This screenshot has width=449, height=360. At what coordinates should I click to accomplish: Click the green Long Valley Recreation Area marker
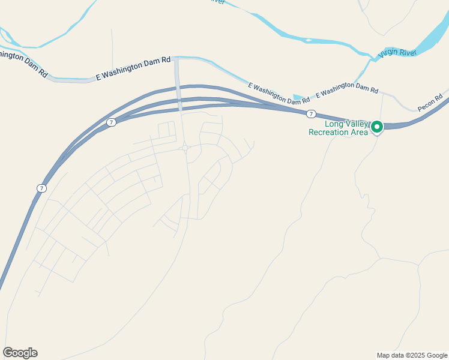(x=377, y=127)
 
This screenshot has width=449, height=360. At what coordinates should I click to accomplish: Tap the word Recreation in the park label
(x=330, y=133)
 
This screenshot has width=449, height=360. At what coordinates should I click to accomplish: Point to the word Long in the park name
(x=333, y=124)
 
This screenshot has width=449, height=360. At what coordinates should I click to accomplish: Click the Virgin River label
(x=397, y=53)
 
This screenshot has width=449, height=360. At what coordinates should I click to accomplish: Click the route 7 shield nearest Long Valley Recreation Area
(x=310, y=114)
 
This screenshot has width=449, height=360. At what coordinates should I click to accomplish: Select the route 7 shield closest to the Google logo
(x=41, y=188)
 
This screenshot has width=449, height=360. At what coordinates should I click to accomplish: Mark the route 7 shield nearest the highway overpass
(x=111, y=122)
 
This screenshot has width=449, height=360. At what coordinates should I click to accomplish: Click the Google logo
(x=20, y=353)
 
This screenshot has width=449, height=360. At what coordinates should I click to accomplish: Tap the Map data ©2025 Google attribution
(x=412, y=355)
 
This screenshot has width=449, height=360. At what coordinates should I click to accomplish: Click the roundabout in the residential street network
(x=185, y=148)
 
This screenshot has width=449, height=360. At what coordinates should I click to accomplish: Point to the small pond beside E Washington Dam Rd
(x=298, y=97)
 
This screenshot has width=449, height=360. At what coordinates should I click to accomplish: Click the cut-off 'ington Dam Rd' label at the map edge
(x=23, y=64)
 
